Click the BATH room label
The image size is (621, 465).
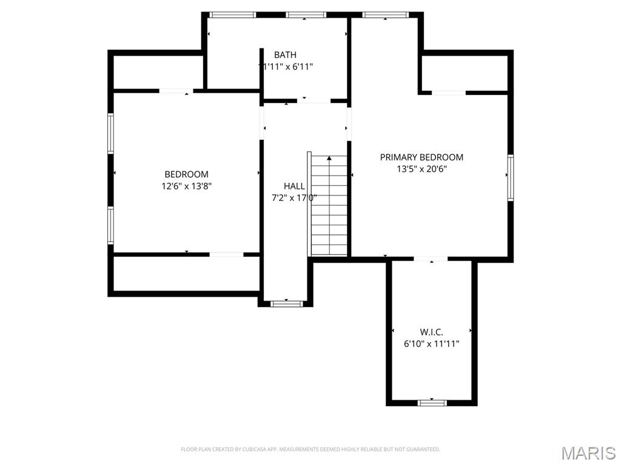pyautogui.click(x=285, y=54)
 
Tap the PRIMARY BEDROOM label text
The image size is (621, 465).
pyautogui.click(x=421, y=157)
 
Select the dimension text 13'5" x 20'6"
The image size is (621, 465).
pyautogui.click(x=422, y=169)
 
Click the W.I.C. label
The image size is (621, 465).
pyautogui.click(x=432, y=332)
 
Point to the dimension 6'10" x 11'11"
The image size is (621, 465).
pyautogui.click(x=432, y=344)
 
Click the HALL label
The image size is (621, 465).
pyautogui.click(x=294, y=186)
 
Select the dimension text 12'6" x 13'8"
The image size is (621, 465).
pyautogui.click(x=187, y=186)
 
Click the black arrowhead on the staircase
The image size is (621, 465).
pyautogui.click(x=329, y=158)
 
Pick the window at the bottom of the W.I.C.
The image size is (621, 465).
pyautogui.click(x=432, y=403)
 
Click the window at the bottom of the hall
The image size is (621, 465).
pyautogui.click(x=286, y=304)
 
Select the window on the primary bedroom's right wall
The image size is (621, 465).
pyautogui.click(x=511, y=177)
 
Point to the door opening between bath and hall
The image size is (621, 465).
pyautogui.click(x=314, y=101)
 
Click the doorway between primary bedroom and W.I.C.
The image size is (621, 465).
pyautogui.click(x=431, y=259)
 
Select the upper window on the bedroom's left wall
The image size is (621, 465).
pyautogui.click(x=110, y=134)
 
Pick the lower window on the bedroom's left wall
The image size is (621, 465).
pyautogui.click(x=110, y=225)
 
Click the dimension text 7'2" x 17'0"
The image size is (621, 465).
pyautogui.click(x=294, y=198)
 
